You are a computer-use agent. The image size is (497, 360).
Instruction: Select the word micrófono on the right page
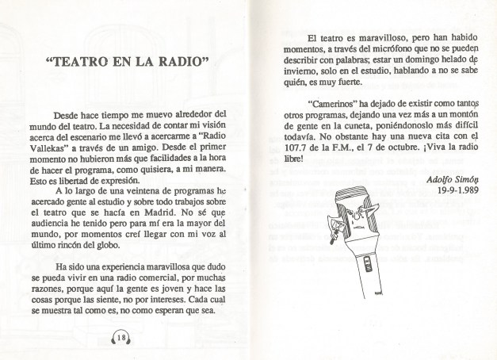(362, 52)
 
